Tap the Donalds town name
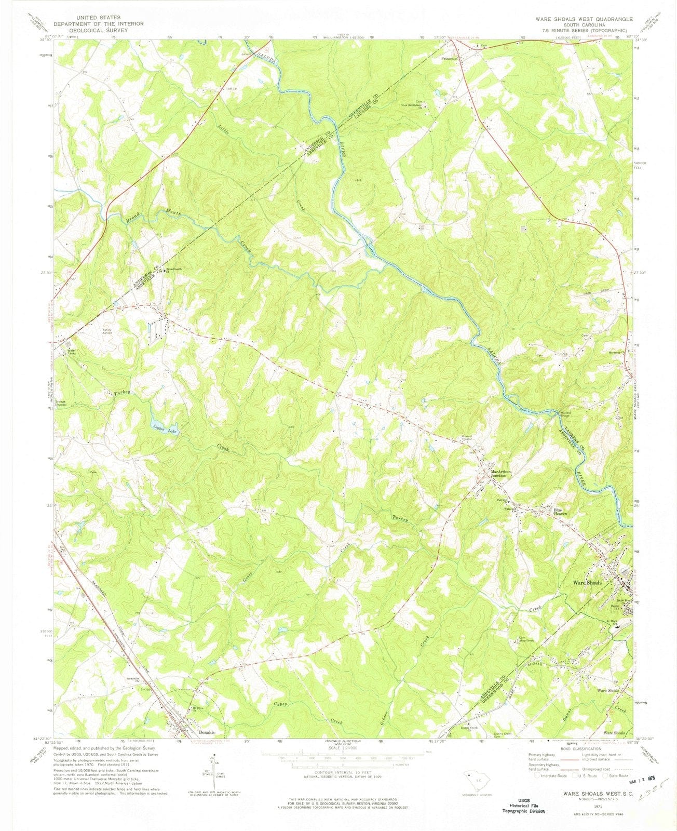[x=207, y=732]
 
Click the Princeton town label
[x=449, y=59]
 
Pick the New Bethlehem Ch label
[x=413, y=106]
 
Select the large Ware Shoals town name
[x=587, y=583]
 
